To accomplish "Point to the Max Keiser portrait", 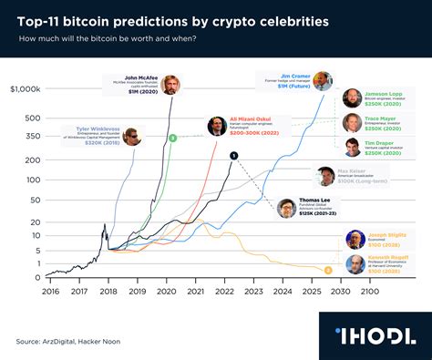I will point(324,176).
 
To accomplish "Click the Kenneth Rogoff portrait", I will point(355,265).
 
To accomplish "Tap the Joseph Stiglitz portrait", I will point(355,240).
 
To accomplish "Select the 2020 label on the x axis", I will point(167,292).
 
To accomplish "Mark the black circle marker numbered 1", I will point(234,155).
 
